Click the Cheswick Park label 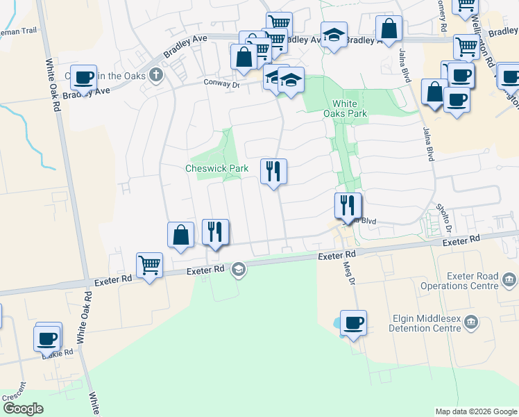[x=216, y=169]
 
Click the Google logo [x=23, y=409]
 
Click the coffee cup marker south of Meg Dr [x=353, y=323]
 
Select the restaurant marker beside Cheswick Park [x=273, y=171]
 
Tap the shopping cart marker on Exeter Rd [x=150, y=265]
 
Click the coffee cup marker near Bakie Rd [x=47, y=338]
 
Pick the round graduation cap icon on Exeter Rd [x=239, y=269]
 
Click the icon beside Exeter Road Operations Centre [x=509, y=280]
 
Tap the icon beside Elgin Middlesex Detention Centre [x=472, y=321]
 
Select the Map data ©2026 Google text [x=477, y=411]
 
